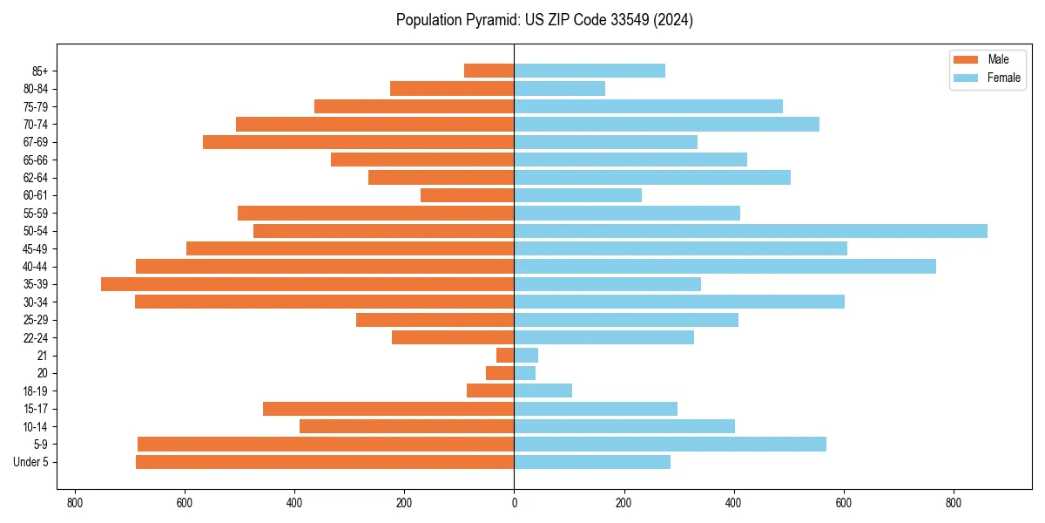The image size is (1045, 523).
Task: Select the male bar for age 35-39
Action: [x=307, y=284]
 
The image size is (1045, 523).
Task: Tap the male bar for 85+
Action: [x=489, y=71]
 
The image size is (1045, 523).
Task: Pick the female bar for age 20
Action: [x=525, y=373]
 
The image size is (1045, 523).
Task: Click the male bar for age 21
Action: [x=505, y=356]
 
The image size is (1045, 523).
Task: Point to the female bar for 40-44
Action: [x=725, y=267]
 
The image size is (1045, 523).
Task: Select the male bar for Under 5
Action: [x=325, y=462]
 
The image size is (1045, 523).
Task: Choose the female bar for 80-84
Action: [x=559, y=89]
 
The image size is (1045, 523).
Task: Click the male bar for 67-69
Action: [x=358, y=142]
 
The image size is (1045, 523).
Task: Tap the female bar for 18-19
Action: [x=543, y=391]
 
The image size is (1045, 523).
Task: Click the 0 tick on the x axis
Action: [x=514, y=503]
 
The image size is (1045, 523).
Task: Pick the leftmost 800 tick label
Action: [x=74, y=503]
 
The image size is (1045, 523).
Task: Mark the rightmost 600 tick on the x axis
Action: [x=843, y=503]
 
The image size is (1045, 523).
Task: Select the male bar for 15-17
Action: [x=388, y=409]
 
